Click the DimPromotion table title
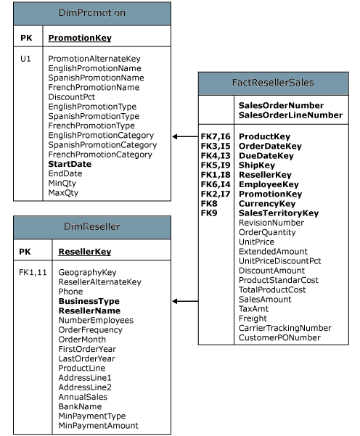(91, 13)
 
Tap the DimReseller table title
(91, 227)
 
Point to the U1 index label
(25, 58)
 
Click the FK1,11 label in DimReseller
(33, 272)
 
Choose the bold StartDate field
(70, 165)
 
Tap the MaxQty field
(63, 194)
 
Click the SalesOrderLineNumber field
(290, 115)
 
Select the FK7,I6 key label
(216, 136)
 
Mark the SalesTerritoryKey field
(279, 213)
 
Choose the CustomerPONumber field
(279, 337)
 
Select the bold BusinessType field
(89, 300)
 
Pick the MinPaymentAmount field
(98, 426)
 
